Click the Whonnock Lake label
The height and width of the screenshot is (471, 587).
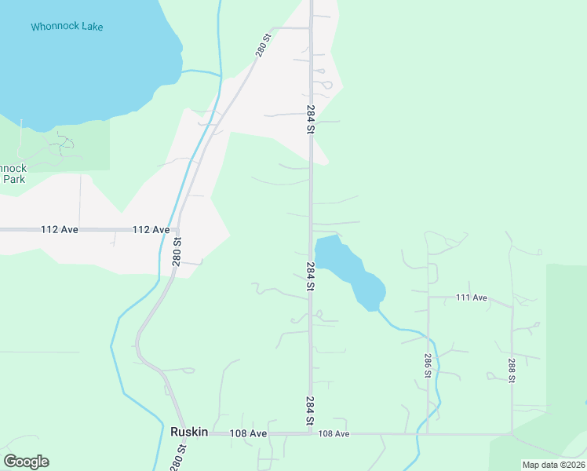(67, 27)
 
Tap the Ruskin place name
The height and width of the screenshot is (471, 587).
(188, 432)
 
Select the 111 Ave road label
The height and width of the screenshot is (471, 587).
(472, 298)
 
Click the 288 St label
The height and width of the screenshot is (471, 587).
(511, 369)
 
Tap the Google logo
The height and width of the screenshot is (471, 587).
(26, 462)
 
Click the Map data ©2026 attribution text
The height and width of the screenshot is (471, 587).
(553, 465)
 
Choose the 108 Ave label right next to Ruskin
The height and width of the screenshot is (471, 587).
(248, 433)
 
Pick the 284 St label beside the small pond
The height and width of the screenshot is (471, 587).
(311, 277)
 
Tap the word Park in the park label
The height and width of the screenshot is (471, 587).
(14, 179)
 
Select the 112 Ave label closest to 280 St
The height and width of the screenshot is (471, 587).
(151, 230)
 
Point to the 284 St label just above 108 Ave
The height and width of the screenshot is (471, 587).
(310, 411)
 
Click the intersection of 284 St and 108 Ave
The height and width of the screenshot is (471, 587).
(310, 433)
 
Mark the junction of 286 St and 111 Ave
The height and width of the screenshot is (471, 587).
(428, 298)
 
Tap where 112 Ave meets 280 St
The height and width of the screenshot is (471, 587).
(180, 230)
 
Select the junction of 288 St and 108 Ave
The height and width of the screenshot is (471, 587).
(512, 433)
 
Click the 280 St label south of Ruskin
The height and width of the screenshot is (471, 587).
(180, 458)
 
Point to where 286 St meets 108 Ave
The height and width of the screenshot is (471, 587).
(428, 433)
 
